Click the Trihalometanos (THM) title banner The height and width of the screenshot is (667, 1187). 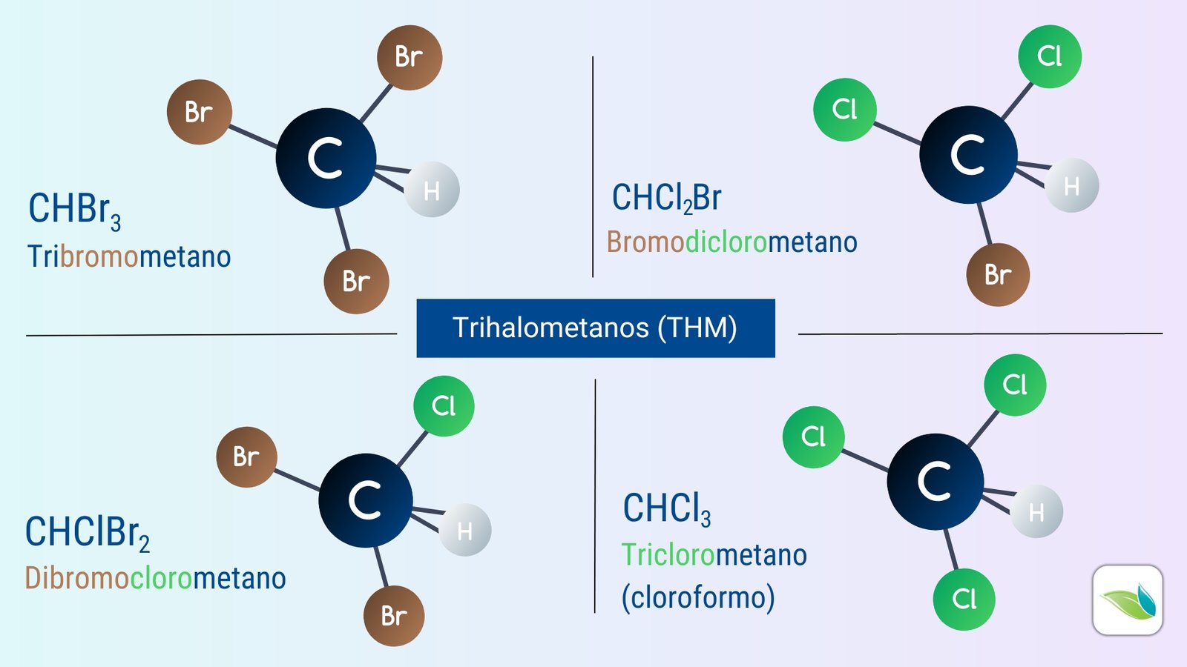pos(596,328)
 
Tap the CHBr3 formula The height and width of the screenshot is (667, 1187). pos(75,211)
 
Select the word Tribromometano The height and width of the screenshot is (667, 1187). pos(129,256)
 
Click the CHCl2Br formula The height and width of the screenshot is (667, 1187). pos(667,199)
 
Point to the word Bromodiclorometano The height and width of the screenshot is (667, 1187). pos(731,242)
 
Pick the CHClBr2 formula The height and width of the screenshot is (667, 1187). pos(88,534)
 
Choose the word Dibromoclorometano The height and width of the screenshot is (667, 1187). pos(155,577)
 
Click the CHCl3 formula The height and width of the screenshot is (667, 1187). pos(667,509)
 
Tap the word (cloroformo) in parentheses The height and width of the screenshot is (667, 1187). pos(698,598)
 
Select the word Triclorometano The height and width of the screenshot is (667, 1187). pos(714,555)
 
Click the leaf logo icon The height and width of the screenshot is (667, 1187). pos(1128,600)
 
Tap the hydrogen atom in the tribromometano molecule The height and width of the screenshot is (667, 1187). pos(432,190)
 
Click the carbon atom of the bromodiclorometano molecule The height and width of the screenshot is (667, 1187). pos(968,155)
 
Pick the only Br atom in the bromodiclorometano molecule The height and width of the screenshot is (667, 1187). pos(998,275)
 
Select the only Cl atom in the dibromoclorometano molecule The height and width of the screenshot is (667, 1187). pos(444,406)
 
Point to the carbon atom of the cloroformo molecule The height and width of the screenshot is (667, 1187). pos(936,482)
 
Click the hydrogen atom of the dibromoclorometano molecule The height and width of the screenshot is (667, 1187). pos(464,530)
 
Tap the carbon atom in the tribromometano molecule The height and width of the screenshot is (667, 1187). pos(326,159)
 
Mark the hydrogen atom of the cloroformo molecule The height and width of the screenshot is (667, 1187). pos(1036,511)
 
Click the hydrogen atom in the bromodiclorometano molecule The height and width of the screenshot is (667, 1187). pos(1071,185)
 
